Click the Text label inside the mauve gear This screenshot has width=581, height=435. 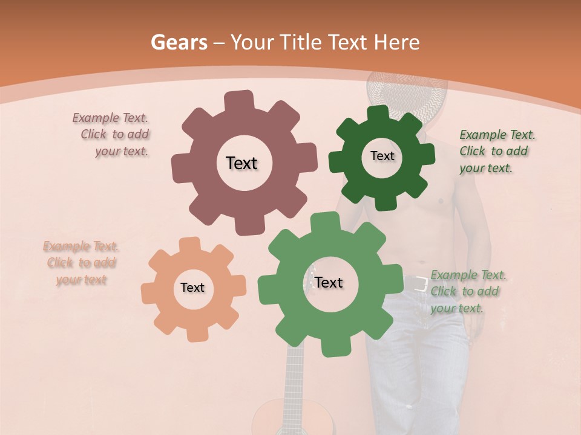[x=241, y=163]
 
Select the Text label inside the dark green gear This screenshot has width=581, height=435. [x=382, y=156]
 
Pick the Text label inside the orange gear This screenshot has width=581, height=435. [x=192, y=288]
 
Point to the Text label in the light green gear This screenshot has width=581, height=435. [x=329, y=282]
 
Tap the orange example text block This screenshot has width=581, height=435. [x=81, y=263]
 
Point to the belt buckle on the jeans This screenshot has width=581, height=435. [x=419, y=283]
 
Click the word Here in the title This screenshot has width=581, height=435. [x=397, y=42]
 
